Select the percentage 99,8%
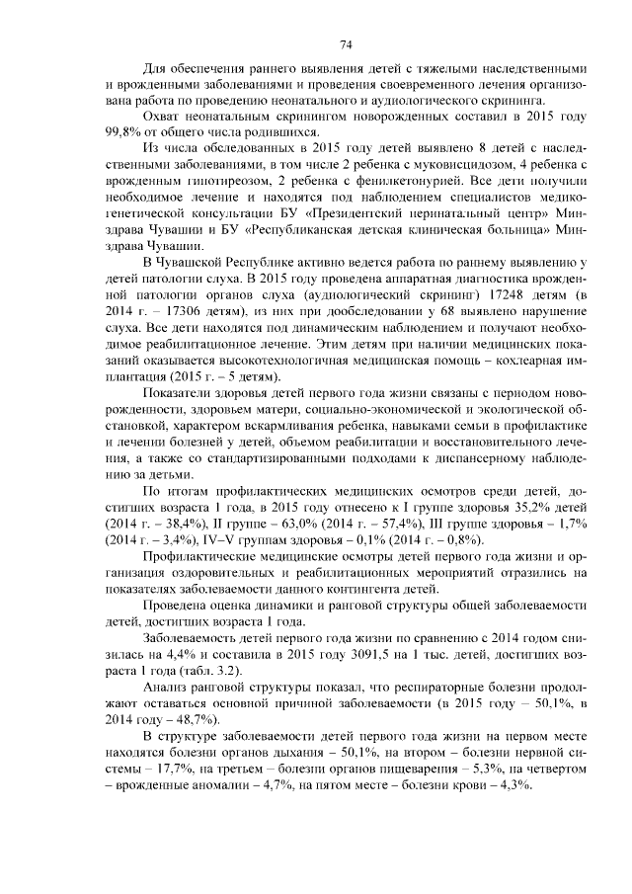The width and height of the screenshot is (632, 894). [x=120, y=131]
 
